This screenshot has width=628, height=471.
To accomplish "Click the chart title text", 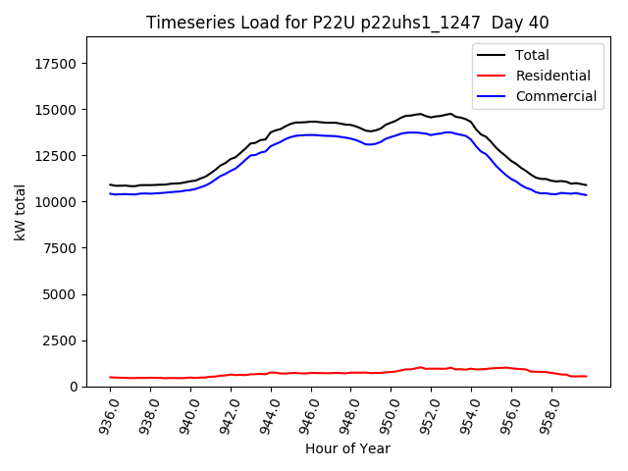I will [347, 23].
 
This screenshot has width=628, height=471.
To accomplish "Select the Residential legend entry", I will [551, 76].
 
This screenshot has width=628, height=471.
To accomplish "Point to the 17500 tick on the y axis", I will [57, 64].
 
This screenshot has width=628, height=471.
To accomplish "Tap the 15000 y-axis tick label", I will [57, 110].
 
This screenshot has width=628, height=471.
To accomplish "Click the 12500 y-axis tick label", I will [57, 156].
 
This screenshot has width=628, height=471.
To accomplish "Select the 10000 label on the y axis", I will [57, 202].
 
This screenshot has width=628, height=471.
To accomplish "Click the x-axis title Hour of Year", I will [347, 448].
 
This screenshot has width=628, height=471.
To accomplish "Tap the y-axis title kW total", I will [20, 211].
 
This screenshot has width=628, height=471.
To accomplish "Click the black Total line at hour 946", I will [311, 122].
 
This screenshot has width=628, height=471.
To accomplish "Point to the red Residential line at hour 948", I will [351, 373].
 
